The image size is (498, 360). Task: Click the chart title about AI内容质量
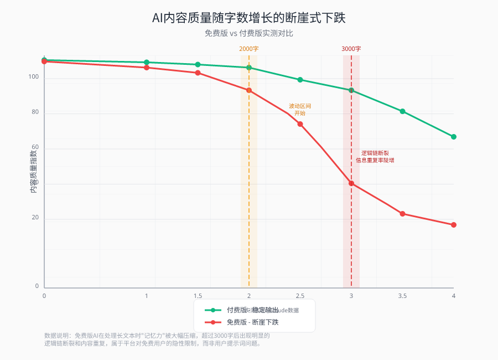[249, 18]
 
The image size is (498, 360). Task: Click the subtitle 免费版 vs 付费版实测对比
[249, 33]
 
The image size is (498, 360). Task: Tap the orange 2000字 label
[249, 49]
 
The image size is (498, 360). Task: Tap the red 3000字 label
[351, 49]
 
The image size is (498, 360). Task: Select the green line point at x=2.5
[300, 80]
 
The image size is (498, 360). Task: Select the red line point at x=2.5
[300, 124]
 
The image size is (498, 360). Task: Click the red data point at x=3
[351, 183]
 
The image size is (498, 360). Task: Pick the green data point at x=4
[454, 137]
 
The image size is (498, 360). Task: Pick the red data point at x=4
[454, 225]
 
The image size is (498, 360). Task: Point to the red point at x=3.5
[402, 214]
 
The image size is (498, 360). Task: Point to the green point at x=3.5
[402, 111]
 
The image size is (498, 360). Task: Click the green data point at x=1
[147, 63]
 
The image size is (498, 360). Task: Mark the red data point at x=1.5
[198, 73]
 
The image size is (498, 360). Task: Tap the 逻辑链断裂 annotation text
[375, 156]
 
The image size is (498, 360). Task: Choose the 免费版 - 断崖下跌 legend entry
[252, 322]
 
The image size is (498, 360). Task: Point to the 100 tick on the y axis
[34, 77]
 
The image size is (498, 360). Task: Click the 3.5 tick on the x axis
[402, 296]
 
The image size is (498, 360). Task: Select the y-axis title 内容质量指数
[34, 171]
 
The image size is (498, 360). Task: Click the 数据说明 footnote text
[157, 339]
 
